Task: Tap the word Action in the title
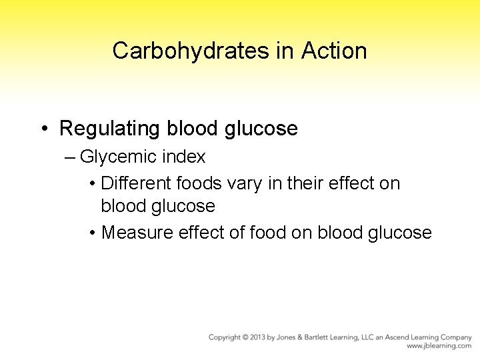pos(334,51)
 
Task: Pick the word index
pos(187,157)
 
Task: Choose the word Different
pos(137,183)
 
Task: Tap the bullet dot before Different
pos(91,183)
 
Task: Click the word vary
pos(243,183)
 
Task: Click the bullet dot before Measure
pos(91,233)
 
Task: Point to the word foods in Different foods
pos(199,183)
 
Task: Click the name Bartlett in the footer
pos(319,337)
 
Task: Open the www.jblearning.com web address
pos(439,346)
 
